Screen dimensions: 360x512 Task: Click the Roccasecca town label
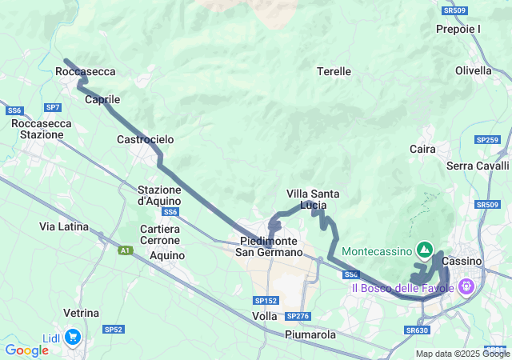tap(86, 71)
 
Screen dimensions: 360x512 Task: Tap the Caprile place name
tap(102, 100)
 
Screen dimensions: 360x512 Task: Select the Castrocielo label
tap(146, 139)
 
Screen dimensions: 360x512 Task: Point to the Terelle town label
tap(334, 71)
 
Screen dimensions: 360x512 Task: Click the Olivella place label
tap(473, 70)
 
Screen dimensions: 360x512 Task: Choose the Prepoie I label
tap(458, 29)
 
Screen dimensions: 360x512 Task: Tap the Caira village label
tap(422, 149)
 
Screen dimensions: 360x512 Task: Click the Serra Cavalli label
tap(478, 166)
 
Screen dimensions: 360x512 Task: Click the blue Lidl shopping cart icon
tap(73, 337)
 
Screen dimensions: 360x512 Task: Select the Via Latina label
tap(64, 226)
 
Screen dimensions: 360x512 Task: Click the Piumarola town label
tap(310, 334)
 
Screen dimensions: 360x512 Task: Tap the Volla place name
tap(264, 315)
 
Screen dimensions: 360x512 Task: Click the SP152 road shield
tap(266, 300)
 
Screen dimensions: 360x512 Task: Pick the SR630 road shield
tap(417, 330)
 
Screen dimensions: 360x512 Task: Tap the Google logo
tap(26, 350)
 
